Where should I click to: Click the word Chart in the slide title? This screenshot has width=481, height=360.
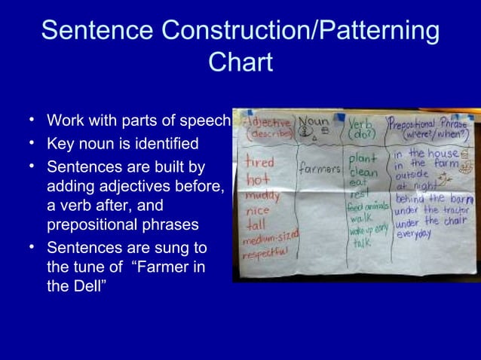[x=240, y=62]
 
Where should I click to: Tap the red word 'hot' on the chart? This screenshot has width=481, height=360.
[x=257, y=181]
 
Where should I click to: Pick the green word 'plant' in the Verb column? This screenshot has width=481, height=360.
[x=363, y=160]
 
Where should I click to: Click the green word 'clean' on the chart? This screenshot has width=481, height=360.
[x=363, y=172]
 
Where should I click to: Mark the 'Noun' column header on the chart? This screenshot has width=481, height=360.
[x=314, y=122]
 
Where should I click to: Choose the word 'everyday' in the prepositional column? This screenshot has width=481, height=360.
[x=414, y=235]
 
